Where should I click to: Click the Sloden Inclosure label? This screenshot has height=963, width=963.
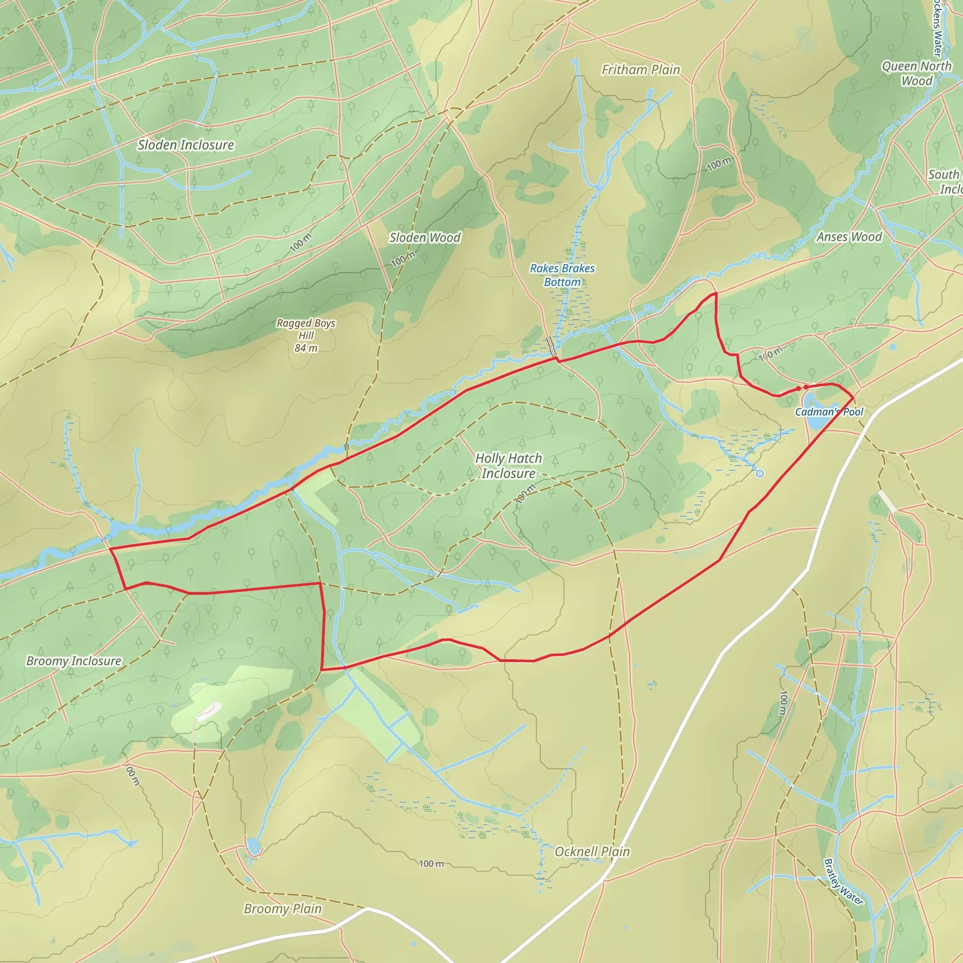[186, 145]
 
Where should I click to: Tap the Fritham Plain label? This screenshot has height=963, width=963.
[640, 70]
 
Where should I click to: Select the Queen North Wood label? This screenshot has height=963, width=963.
[916, 73]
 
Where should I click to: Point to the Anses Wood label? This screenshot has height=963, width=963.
[849, 237]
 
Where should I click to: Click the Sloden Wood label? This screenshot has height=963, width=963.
[425, 238]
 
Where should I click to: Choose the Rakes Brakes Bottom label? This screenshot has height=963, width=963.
[562, 275]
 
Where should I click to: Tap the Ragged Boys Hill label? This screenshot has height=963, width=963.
[306, 329]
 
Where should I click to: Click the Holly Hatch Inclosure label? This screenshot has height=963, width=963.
[508, 466]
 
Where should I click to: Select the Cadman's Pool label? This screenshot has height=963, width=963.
[829, 412]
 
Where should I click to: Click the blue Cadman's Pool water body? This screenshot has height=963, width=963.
[815, 418]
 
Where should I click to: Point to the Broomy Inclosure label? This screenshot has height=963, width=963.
[74, 661]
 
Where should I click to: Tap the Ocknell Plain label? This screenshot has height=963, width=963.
[592, 852]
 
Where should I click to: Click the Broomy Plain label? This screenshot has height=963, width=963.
[283, 908]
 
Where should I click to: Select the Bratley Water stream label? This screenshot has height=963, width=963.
[844, 881]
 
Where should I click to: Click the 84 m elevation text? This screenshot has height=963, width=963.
[306, 348]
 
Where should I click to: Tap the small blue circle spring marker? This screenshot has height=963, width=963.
[760, 474]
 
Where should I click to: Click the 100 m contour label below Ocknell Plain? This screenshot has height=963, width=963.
[431, 864]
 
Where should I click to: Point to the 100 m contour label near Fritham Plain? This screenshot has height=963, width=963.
[719, 164]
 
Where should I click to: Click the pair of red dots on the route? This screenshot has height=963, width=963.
[802, 388]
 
